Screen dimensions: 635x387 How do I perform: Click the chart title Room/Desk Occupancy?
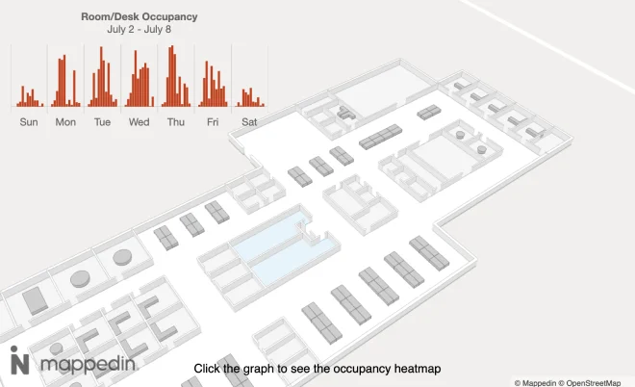[x=140, y=16]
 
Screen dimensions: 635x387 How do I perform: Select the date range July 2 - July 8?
[x=140, y=30]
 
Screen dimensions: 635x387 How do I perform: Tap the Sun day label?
[x=29, y=122]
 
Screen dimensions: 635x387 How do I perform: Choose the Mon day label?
[x=65, y=122]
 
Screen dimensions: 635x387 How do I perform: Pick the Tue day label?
[x=102, y=122]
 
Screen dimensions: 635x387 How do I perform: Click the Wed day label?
[x=139, y=122]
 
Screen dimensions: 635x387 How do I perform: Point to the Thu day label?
[x=175, y=122]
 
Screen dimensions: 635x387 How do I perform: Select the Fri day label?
[x=212, y=122]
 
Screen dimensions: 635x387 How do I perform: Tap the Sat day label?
[x=249, y=122]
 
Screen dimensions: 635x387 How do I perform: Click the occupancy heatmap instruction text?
[x=317, y=369]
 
